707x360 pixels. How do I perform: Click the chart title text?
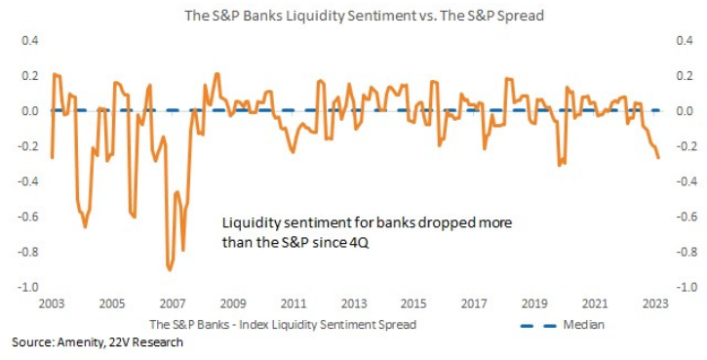pyautogui.click(x=364, y=16)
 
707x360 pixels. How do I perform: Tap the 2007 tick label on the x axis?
pyautogui.click(x=173, y=303)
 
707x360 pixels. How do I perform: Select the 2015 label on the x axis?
pyautogui.click(x=413, y=303)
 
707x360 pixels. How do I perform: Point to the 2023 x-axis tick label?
pyautogui.click(x=654, y=303)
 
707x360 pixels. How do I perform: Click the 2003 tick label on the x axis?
pyautogui.click(x=52, y=303)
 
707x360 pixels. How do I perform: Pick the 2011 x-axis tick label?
pyautogui.click(x=294, y=303)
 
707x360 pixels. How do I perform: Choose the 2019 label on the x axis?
pyautogui.click(x=534, y=303)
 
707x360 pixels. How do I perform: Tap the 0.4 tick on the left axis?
pyautogui.click(x=31, y=41)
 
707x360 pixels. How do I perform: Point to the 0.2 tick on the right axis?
pyautogui.click(x=684, y=76)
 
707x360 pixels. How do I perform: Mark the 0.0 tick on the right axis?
pyautogui.click(x=684, y=111)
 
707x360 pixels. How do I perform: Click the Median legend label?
pyautogui.click(x=583, y=325)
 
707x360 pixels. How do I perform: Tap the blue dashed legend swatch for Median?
pyautogui.click(x=538, y=326)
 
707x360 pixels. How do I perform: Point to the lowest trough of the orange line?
pyautogui.click(x=170, y=270)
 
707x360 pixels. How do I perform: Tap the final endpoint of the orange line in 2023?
pyautogui.click(x=659, y=158)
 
